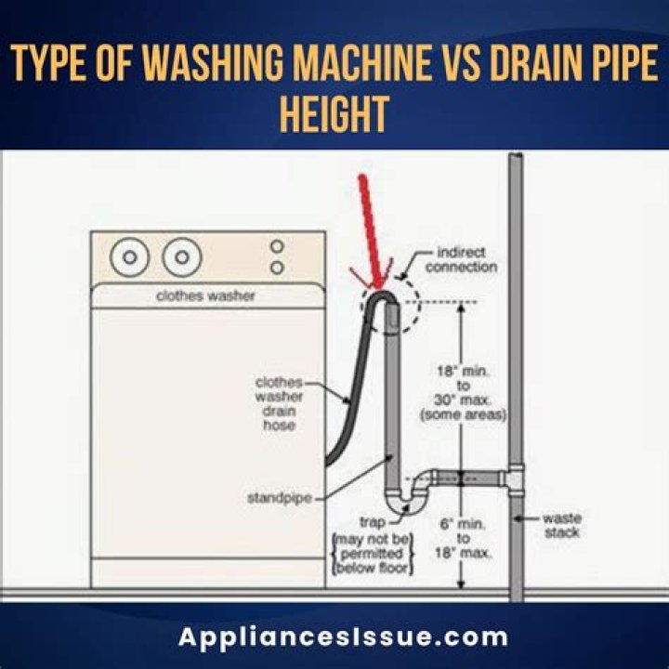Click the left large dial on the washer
pos(130,256)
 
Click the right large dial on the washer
pos(183,256)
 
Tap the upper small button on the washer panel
pos(276,247)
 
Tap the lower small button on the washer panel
pos(276,268)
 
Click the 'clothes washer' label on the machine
pos(206,297)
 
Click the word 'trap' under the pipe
pos(373,522)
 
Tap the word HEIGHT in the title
pos(334,117)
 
